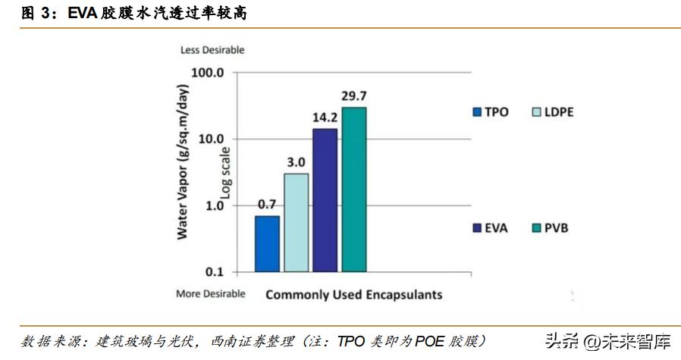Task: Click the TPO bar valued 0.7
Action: click(x=267, y=243)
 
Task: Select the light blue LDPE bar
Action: click(x=297, y=222)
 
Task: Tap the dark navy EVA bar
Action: click(x=325, y=199)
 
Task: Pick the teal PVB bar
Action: click(x=353, y=189)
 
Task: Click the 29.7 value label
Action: click(x=353, y=95)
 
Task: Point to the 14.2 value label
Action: click(x=325, y=117)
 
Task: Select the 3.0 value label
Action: click(x=296, y=162)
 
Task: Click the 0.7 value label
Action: click(x=267, y=204)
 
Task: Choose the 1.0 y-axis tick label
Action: click(x=215, y=205)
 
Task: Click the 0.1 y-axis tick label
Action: click(x=215, y=271)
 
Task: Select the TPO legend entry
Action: click(x=490, y=112)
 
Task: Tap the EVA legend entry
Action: click(x=490, y=227)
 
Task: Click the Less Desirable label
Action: click(x=212, y=50)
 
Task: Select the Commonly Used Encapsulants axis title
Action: click(x=353, y=295)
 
